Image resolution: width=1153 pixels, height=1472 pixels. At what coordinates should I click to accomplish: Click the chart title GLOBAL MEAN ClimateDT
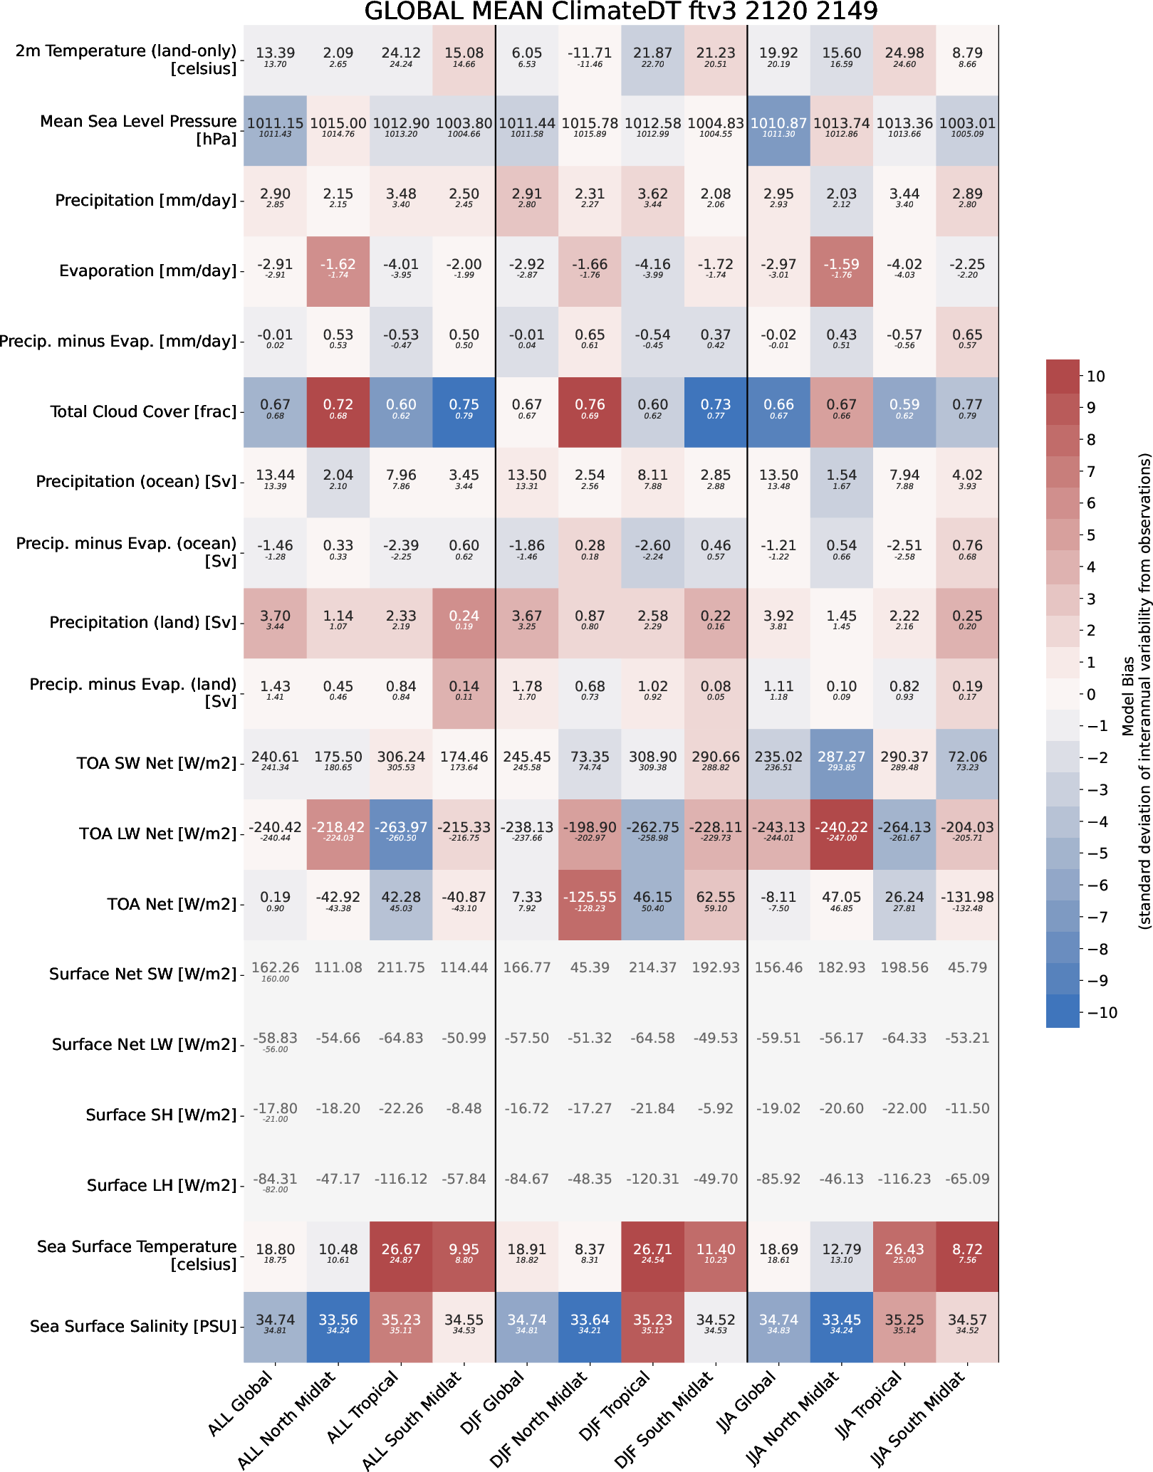tap(620, 11)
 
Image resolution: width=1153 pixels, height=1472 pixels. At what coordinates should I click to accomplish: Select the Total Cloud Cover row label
tap(143, 412)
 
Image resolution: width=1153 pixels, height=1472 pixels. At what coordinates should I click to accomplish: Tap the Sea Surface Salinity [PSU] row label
tap(133, 1326)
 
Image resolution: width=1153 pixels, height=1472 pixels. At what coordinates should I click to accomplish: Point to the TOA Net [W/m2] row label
tap(172, 904)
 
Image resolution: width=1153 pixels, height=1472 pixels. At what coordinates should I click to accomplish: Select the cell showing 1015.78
tap(590, 124)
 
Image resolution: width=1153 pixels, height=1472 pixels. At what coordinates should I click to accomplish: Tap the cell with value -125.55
tap(590, 898)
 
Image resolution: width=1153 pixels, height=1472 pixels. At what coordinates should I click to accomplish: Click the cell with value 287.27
tap(841, 757)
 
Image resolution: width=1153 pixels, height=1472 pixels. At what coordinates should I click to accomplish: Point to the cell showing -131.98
tap(966, 898)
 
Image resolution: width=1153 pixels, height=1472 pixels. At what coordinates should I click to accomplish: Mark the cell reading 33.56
tap(338, 1320)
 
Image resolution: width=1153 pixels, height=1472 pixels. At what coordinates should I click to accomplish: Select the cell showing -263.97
tap(401, 828)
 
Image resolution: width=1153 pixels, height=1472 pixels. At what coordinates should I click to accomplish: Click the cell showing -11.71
tap(590, 53)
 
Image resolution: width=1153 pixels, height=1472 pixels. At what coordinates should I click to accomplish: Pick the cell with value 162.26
tap(275, 968)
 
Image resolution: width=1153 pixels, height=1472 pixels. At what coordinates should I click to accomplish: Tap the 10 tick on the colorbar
tap(1096, 377)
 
